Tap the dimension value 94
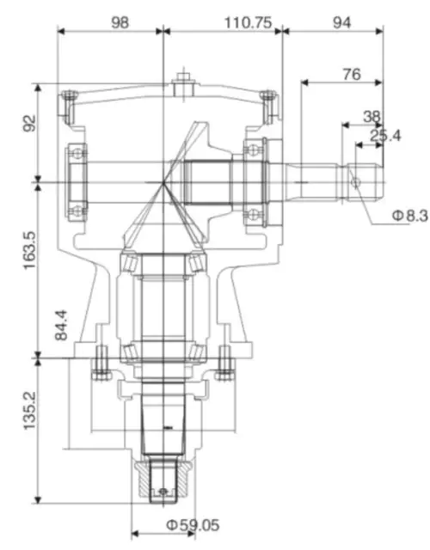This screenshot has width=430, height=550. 341,21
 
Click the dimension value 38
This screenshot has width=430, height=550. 372,116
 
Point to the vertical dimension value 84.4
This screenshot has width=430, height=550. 61,327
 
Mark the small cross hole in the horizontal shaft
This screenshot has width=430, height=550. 354,180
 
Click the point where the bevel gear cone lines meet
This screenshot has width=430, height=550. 163,181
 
